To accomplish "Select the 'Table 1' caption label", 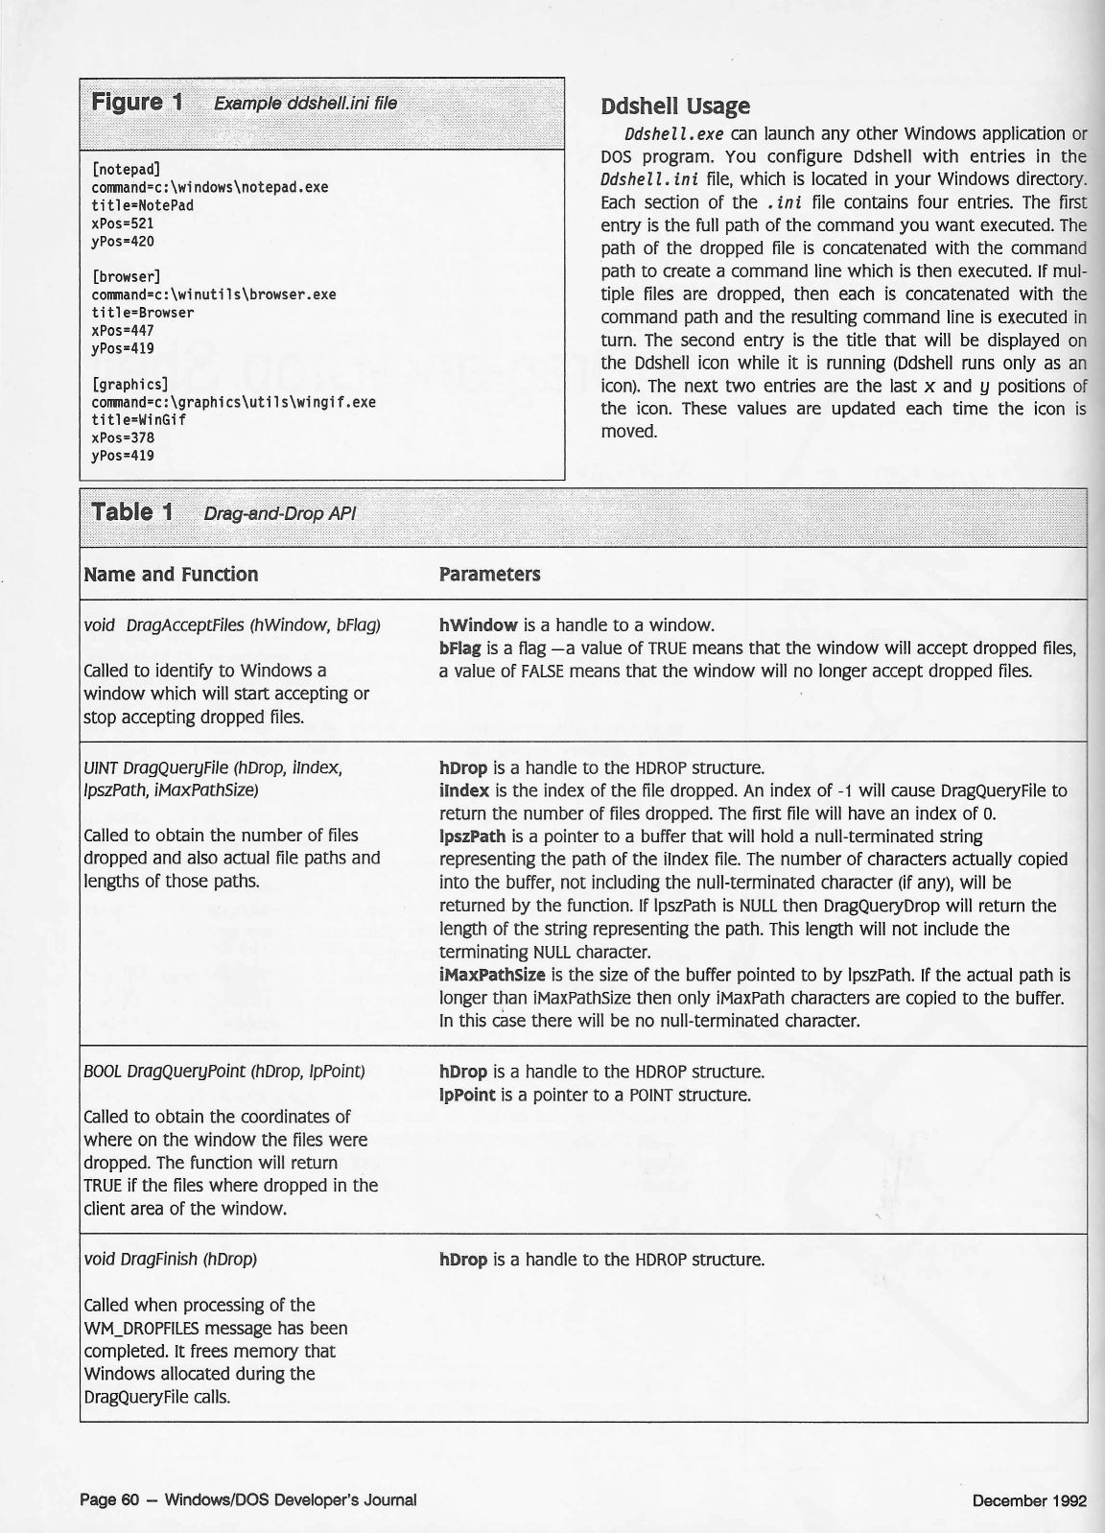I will (131, 512).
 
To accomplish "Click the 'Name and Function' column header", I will (171, 575).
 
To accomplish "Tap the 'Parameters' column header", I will (489, 575).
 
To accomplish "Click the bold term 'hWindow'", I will (479, 625).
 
